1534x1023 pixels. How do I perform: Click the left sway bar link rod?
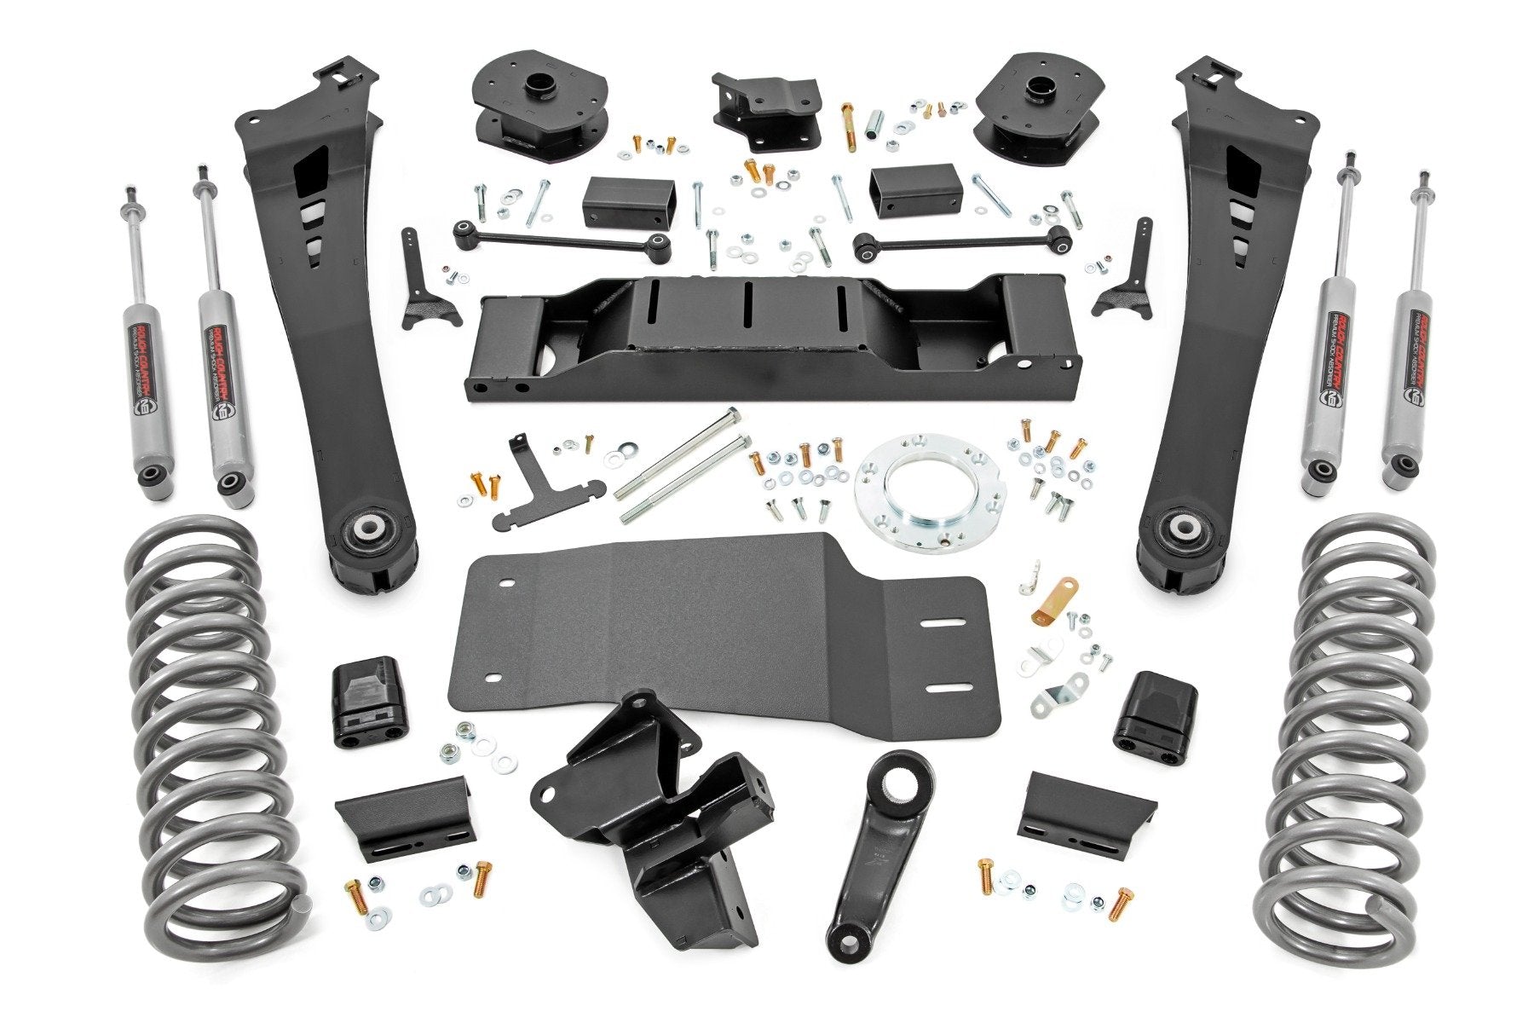pos(562,237)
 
